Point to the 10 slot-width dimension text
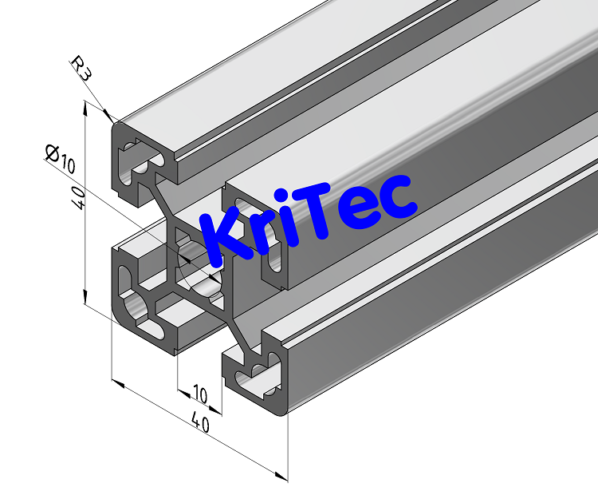click(199, 394)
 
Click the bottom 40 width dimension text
click(201, 424)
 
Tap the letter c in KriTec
click(395, 196)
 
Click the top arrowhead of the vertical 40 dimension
click(85, 109)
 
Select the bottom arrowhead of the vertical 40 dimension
click(85, 299)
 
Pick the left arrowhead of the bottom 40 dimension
click(119, 384)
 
